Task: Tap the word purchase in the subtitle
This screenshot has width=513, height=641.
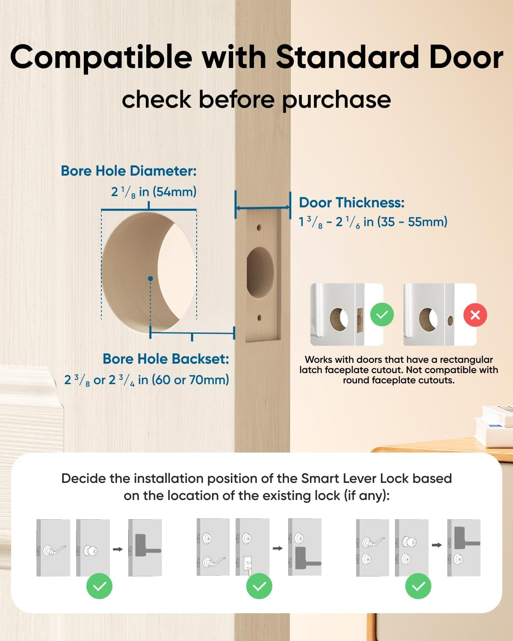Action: [x=336, y=100]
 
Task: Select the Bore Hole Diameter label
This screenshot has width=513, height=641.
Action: [x=129, y=171]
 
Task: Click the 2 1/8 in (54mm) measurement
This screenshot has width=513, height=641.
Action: [x=154, y=192]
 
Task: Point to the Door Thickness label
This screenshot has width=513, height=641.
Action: [x=351, y=203]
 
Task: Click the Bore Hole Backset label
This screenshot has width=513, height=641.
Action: [x=166, y=359]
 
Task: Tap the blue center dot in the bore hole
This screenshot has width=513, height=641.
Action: [x=150, y=279]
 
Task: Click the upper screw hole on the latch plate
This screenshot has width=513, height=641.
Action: [x=259, y=228]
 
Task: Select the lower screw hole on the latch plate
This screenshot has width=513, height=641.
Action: [x=259, y=318]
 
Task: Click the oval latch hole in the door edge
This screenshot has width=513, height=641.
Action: [x=260, y=273]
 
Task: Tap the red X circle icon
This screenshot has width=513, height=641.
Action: [x=475, y=315]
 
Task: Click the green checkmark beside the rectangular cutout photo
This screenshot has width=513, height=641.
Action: [x=382, y=315]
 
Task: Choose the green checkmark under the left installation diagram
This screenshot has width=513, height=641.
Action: [x=99, y=586]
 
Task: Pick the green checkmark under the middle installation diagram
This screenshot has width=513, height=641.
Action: [x=259, y=586]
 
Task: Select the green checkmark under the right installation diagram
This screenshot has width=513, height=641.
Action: [x=418, y=586]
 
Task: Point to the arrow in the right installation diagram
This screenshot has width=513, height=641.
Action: [x=436, y=545]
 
